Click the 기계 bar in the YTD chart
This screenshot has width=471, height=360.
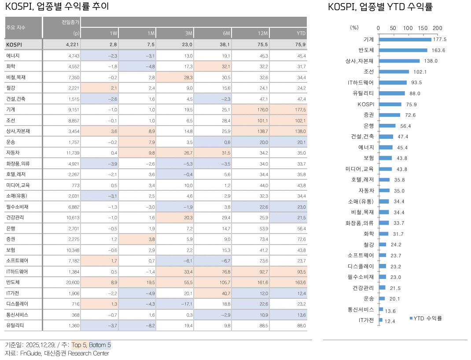point(405,39)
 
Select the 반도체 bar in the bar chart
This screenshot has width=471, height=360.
point(403,50)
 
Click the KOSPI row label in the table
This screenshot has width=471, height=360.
point(14,45)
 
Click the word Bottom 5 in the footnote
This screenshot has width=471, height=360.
point(100,345)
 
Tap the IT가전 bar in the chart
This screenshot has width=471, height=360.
point(381,320)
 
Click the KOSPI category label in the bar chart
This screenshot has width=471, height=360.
point(365,104)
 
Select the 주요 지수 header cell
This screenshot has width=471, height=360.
point(16,27)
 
